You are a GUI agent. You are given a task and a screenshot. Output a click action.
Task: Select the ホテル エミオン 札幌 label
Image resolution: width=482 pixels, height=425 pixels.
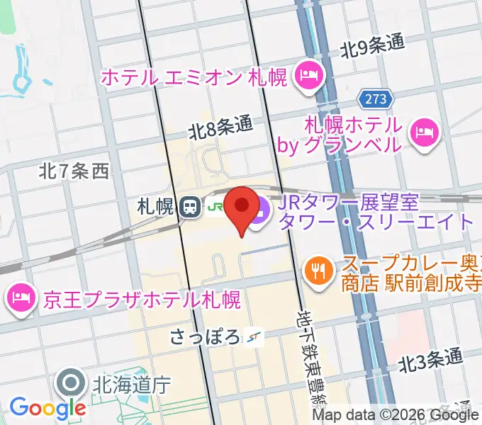coord(195,76)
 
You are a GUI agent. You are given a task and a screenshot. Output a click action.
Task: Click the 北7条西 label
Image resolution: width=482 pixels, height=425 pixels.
coord(74,170)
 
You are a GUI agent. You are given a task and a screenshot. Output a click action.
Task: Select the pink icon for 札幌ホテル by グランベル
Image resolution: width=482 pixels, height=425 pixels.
coord(425,132)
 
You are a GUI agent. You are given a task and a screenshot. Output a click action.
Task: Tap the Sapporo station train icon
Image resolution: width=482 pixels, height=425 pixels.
coord(189,207)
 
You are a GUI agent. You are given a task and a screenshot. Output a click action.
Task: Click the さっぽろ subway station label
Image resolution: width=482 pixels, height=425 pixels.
coord(205,336)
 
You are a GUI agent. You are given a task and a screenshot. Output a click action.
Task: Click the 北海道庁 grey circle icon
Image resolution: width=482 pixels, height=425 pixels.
coord(72,385)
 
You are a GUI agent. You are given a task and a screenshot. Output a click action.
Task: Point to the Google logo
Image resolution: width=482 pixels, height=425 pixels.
coord(47,407)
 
